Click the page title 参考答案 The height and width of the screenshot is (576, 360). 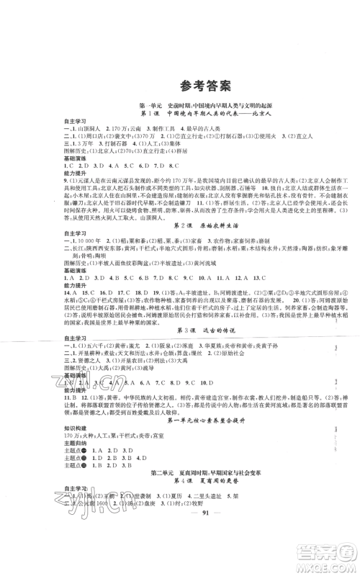pyautogui.click(x=180, y=86)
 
